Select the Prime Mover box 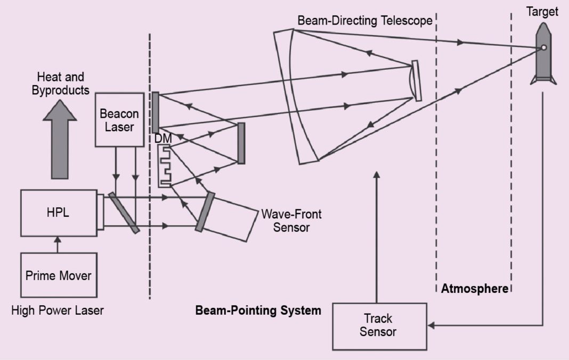click(59, 276)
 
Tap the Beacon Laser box click(119, 119)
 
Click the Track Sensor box click(379, 326)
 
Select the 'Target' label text click(542, 12)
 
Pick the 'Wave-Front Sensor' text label click(291, 220)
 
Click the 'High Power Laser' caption click(58, 310)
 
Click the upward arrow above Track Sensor click(377, 234)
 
